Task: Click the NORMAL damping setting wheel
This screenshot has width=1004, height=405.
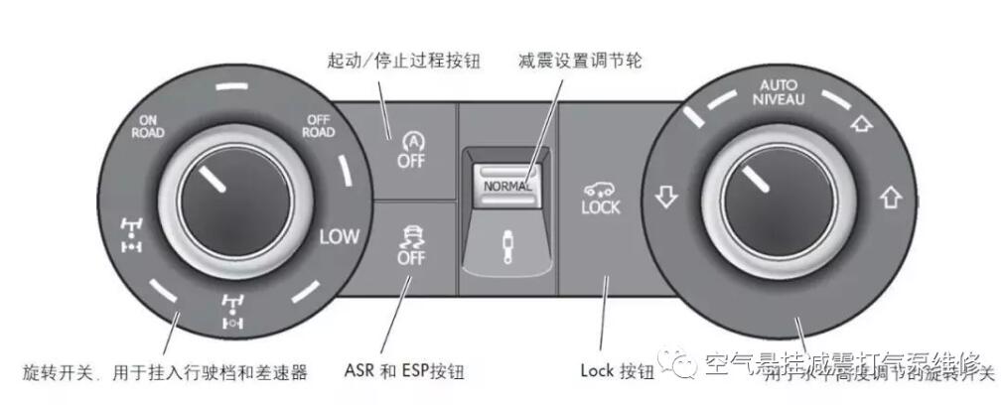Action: (x=506, y=185)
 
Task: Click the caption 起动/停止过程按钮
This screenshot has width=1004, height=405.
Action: (x=403, y=62)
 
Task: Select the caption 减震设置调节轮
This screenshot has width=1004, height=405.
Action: (x=580, y=62)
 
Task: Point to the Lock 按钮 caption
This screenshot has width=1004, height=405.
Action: (x=617, y=372)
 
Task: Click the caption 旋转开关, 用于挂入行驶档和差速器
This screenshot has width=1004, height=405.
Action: (x=165, y=372)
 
